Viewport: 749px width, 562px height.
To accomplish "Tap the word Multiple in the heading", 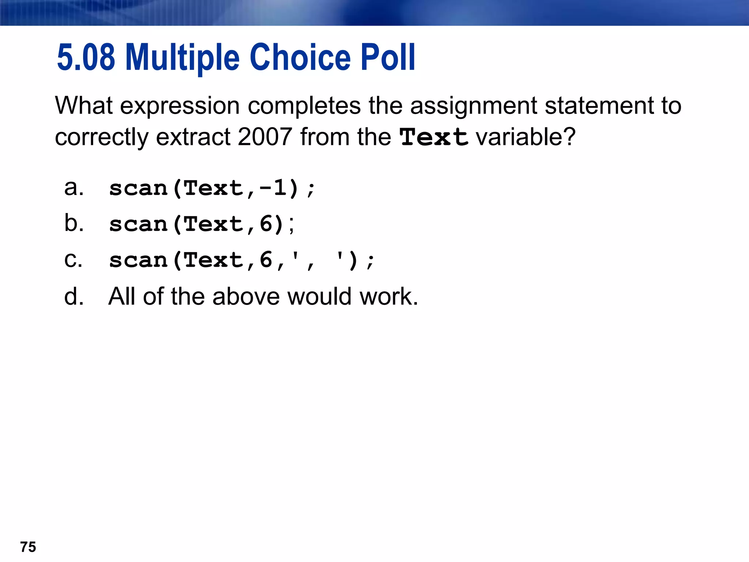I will [x=182, y=58].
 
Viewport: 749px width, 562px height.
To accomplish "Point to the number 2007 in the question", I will [x=264, y=137].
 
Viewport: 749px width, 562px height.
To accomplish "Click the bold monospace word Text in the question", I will [x=434, y=137].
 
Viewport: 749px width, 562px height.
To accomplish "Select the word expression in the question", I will [x=180, y=106].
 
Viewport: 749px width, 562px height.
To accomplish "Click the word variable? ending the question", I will [x=526, y=137].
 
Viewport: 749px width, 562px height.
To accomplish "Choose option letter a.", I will [x=74, y=188].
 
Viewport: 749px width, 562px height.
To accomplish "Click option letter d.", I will [x=74, y=296].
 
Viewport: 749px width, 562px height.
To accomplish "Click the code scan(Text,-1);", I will [x=212, y=189].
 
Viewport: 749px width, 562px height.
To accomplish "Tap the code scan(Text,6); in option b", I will [x=202, y=224].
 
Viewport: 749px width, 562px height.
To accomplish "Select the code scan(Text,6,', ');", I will [x=242, y=261].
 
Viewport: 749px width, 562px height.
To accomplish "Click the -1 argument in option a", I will [x=273, y=188].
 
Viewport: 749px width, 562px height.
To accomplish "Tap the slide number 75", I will [x=28, y=547].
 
